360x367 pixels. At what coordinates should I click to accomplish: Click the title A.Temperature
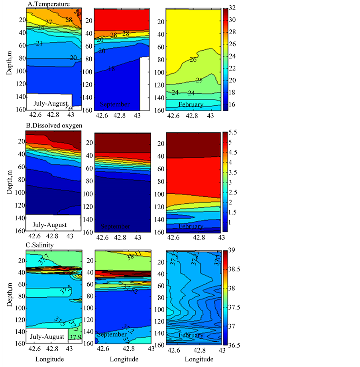(49, 4)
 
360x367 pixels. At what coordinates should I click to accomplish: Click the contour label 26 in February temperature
(193, 60)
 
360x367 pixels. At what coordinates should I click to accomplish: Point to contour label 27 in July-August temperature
(49, 22)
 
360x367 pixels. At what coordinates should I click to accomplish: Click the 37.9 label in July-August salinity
(75, 337)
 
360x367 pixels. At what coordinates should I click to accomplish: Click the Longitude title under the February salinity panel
(193, 359)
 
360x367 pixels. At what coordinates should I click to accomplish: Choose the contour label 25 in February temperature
(199, 80)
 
